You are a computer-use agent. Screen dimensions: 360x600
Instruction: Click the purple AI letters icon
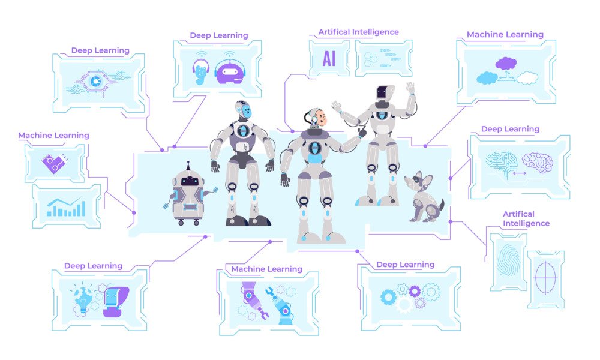pos(329,58)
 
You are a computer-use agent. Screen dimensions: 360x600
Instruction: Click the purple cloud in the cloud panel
pos(506,63)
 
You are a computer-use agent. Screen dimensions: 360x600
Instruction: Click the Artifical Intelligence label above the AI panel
pos(358,32)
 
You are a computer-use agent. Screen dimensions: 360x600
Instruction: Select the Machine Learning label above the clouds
pos(505,35)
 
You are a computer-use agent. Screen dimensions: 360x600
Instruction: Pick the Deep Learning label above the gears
pos(405,265)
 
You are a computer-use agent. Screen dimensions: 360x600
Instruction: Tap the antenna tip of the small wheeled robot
pos(188,163)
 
